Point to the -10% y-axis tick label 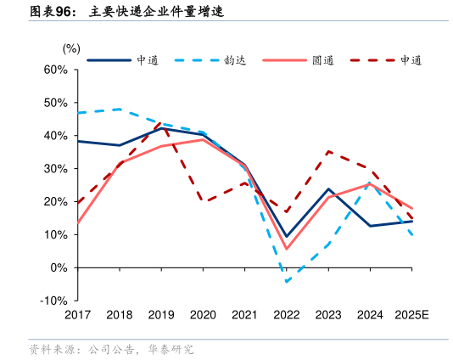click(x=53, y=301)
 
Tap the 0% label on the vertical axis click(x=59, y=267)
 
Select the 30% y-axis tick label click(x=55, y=168)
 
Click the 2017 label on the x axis click(x=77, y=315)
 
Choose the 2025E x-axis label click(x=411, y=315)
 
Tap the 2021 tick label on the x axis click(x=244, y=315)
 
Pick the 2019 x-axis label click(x=161, y=315)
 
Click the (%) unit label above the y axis click(x=72, y=49)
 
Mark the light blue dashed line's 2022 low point click(x=287, y=281)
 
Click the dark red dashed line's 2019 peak click(x=161, y=123)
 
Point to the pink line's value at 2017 click(x=77, y=223)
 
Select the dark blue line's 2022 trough click(x=287, y=236)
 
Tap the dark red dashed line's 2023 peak click(x=328, y=152)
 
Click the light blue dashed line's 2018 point click(x=119, y=109)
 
